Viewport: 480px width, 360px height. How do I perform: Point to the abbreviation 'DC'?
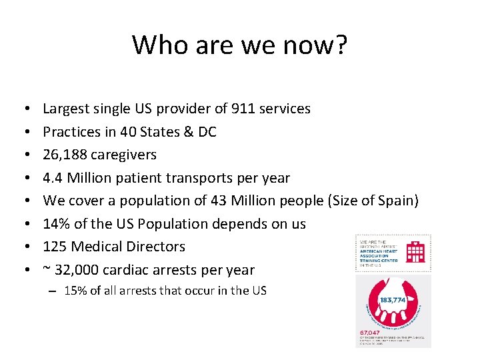[x=207, y=132]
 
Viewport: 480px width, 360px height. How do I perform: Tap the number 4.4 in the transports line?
[x=53, y=178]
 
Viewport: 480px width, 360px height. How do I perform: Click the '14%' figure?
[x=56, y=223]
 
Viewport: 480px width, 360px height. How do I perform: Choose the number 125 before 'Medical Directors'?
[x=55, y=247]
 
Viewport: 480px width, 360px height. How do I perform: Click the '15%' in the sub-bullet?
[x=74, y=291]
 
